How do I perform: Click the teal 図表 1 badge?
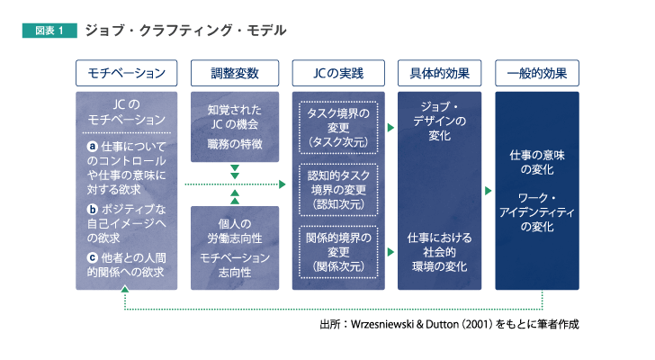[x=49, y=31]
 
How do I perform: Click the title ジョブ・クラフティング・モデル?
[x=186, y=31]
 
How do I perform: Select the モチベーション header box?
[x=127, y=73]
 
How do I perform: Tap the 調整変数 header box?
[x=235, y=73]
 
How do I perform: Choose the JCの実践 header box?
[x=338, y=73]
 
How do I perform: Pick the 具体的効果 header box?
[x=439, y=73]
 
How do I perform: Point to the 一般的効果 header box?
[x=537, y=73]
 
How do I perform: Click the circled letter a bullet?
[x=93, y=146]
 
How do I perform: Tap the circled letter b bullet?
[x=93, y=209]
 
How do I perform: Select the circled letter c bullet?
[x=93, y=257]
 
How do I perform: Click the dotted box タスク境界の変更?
[x=338, y=128]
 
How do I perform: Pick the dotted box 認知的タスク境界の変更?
[x=338, y=190]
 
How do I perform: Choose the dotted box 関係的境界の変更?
[x=338, y=252]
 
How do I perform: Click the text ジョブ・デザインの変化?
[x=439, y=121]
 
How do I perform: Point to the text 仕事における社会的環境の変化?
[x=439, y=252]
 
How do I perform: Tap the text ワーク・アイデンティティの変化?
[x=537, y=212]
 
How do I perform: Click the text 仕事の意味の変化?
[x=537, y=162]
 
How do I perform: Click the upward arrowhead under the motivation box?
[x=124, y=289]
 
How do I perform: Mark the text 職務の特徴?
[x=235, y=144]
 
